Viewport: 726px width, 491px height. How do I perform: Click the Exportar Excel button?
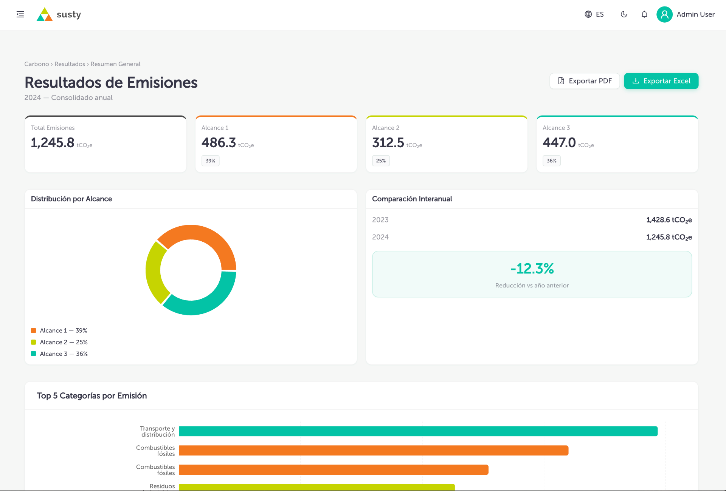tap(661, 81)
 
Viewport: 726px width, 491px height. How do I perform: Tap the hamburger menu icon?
tap(20, 14)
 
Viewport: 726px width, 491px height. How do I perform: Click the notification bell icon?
tap(644, 14)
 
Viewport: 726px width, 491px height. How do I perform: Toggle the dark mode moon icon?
tap(624, 14)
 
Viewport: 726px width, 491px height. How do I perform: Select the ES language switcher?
tap(594, 14)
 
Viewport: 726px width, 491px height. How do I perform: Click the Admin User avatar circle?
tap(664, 14)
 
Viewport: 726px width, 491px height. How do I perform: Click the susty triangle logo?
tap(45, 14)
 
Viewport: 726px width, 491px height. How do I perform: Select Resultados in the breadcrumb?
tap(70, 64)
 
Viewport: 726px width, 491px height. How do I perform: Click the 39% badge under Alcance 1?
tap(210, 161)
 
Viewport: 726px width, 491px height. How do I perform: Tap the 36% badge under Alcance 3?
tap(551, 161)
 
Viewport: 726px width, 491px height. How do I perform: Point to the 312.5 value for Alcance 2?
tap(388, 143)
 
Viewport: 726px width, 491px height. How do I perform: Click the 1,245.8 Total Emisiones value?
tap(53, 143)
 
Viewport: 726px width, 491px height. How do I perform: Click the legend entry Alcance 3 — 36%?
tap(59, 354)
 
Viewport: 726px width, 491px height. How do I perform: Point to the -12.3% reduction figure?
tap(532, 269)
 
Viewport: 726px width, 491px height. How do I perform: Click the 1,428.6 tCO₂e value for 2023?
tap(669, 220)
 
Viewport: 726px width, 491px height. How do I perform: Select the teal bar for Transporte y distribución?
tap(418, 431)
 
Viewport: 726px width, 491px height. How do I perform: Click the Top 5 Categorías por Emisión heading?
tap(92, 396)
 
